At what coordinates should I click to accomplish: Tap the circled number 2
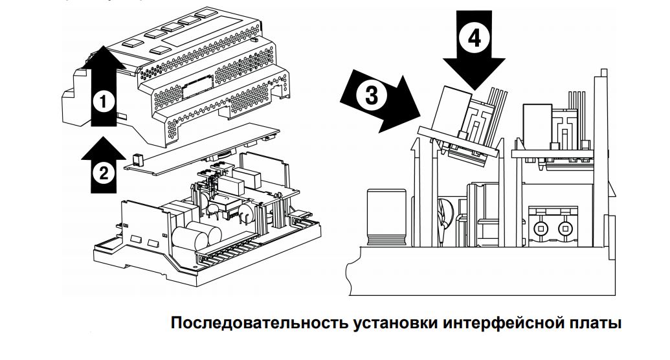(x=102, y=172)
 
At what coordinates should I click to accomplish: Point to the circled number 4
(x=475, y=39)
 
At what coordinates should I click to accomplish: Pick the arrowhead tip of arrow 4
(x=475, y=89)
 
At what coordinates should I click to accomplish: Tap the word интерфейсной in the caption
(x=505, y=323)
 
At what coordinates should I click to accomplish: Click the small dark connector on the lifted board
(x=137, y=159)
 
